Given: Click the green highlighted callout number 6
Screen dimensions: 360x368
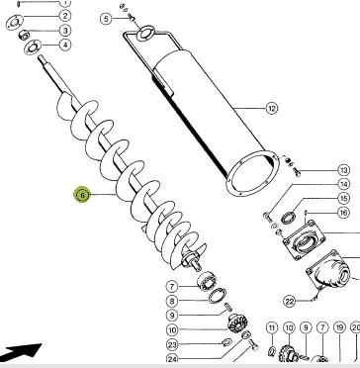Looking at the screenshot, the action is click(x=82, y=195).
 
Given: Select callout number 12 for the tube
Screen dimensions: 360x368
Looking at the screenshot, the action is click(x=271, y=108).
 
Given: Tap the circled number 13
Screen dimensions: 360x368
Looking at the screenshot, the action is click(x=344, y=170).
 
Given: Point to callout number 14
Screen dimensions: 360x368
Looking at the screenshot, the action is click(x=343, y=184).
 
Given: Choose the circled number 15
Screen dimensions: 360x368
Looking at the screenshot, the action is click(x=343, y=199).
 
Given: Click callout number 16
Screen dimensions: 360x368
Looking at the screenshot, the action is click(x=343, y=213).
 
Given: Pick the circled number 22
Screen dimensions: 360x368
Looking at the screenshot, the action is click(x=290, y=301).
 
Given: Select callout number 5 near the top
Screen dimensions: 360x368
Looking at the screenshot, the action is click(x=106, y=19).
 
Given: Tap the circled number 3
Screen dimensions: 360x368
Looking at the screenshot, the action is click(x=65, y=31).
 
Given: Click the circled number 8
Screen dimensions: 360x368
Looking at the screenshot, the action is click(x=172, y=301).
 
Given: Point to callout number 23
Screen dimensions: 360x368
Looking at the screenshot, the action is click(x=172, y=345).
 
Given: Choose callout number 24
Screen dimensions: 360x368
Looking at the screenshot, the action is click(x=172, y=358).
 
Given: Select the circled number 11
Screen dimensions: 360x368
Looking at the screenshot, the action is click(x=272, y=327).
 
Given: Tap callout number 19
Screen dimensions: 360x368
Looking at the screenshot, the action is click(x=339, y=327).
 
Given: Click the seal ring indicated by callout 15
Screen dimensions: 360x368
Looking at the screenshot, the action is click(x=289, y=218).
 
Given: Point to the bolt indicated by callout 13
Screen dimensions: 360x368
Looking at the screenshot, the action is click(x=297, y=171).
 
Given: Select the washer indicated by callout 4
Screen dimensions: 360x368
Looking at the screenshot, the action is click(x=33, y=47).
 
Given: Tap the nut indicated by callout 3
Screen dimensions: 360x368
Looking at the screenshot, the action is click(x=24, y=34).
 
